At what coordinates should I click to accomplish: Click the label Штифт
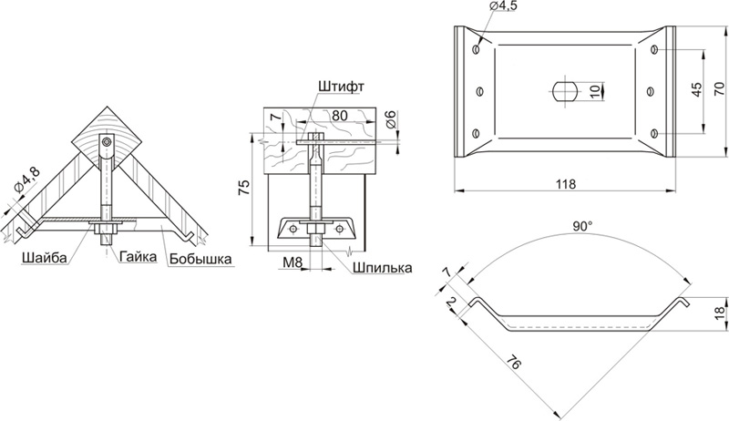click(341, 87)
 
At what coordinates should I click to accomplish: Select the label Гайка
click(139, 256)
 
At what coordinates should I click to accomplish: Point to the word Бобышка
click(200, 258)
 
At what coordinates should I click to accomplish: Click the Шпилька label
click(382, 268)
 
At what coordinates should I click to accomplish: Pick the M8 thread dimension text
click(293, 263)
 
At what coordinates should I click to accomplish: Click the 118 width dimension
click(566, 184)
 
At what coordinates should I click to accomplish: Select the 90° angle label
click(582, 226)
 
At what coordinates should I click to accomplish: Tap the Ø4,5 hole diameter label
click(503, 5)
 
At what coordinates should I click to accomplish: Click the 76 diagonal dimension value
click(513, 361)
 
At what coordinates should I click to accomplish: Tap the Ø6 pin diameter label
click(391, 119)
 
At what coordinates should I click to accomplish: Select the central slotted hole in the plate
click(565, 90)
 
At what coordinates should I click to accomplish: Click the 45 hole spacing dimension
click(696, 89)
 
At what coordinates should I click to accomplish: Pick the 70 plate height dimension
click(719, 88)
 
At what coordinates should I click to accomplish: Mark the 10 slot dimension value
click(596, 91)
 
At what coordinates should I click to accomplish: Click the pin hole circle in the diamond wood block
click(108, 142)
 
